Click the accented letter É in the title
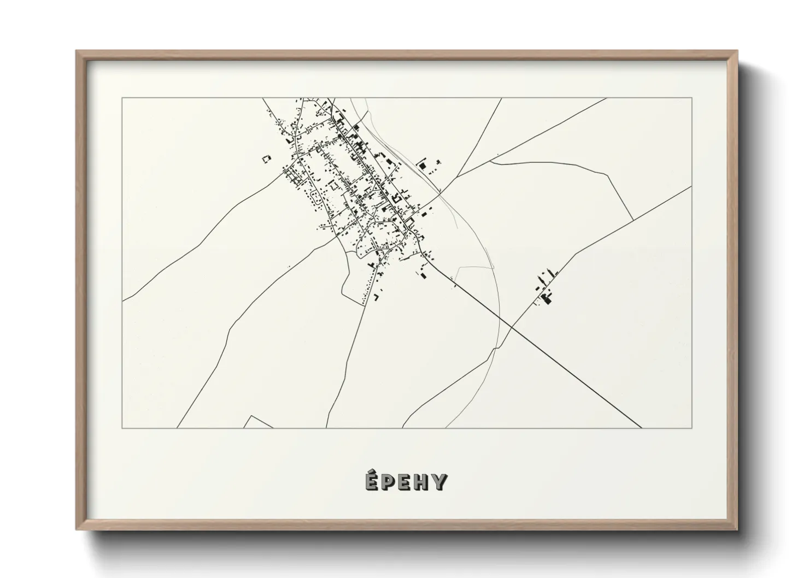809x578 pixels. pyautogui.click(x=370, y=481)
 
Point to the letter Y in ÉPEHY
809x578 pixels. pyautogui.click(x=440, y=482)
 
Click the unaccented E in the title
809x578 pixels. pyautogui.click(x=404, y=482)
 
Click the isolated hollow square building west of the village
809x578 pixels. pyautogui.click(x=266, y=159)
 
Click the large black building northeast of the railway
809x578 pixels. pyautogui.click(x=422, y=164)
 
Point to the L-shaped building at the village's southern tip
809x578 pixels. pyautogui.click(x=376, y=297)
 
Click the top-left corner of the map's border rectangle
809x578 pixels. pyautogui.click(x=122, y=98)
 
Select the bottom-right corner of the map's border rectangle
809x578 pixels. pyautogui.click(x=692, y=428)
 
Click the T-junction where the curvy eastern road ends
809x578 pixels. pyautogui.click(x=633, y=220)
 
